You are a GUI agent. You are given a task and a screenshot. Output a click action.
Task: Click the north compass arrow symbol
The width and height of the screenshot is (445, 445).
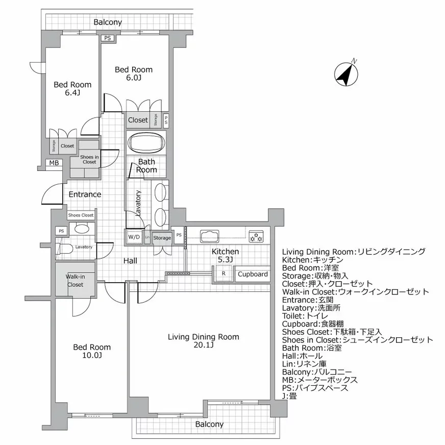(345, 73)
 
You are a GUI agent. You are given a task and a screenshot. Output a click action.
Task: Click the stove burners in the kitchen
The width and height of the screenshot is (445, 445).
(255, 236)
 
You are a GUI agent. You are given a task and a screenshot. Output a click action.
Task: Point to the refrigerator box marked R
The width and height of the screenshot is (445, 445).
(224, 274)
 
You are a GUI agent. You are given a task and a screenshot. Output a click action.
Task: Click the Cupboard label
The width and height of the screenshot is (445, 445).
(253, 274)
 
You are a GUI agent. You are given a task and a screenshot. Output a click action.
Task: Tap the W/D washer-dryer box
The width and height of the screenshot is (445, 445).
(134, 237)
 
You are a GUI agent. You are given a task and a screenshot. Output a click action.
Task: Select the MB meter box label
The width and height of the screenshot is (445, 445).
(53, 163)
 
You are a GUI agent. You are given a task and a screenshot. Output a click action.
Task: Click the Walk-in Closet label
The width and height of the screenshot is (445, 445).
(75, 280)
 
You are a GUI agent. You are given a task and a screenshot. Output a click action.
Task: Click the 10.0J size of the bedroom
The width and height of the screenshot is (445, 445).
(92, 356)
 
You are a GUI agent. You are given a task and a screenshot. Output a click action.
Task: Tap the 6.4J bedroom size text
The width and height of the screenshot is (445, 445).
(72, 93)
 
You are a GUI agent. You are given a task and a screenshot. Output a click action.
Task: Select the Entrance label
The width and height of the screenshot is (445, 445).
(85, 194)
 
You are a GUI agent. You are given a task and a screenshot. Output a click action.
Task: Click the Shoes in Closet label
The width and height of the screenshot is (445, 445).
(89, 159)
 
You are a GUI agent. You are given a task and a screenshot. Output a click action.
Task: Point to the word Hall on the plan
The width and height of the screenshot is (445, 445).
(130, 261)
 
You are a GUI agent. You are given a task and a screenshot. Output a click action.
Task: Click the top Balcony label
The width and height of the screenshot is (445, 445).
(108, 22)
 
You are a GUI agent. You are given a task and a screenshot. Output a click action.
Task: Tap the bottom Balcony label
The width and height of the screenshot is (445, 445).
(209, 425)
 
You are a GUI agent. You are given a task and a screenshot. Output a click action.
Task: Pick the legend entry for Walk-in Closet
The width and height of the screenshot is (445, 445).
(355, 292)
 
